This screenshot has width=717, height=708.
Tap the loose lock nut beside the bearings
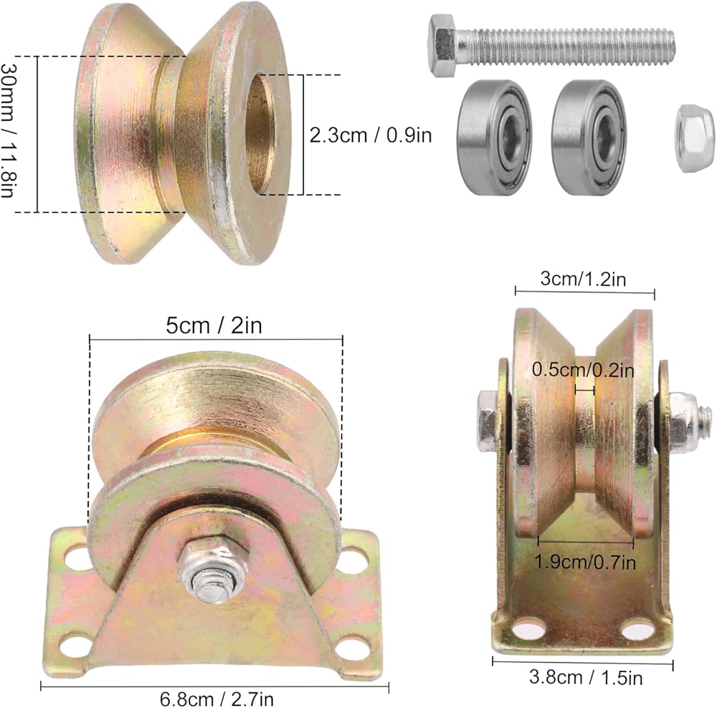(x=694, y=139)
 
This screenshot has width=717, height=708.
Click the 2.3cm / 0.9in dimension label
(x=371, y=135)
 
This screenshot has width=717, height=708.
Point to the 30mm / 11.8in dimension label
(x=8, y=130)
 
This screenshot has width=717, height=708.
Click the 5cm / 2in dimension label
(x=214, y=325)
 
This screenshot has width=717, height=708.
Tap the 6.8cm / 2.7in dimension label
(x=217, y=699)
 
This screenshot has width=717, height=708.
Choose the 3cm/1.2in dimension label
(x=583, y=278)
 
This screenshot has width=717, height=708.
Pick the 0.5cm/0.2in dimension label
(x=583, y=370)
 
